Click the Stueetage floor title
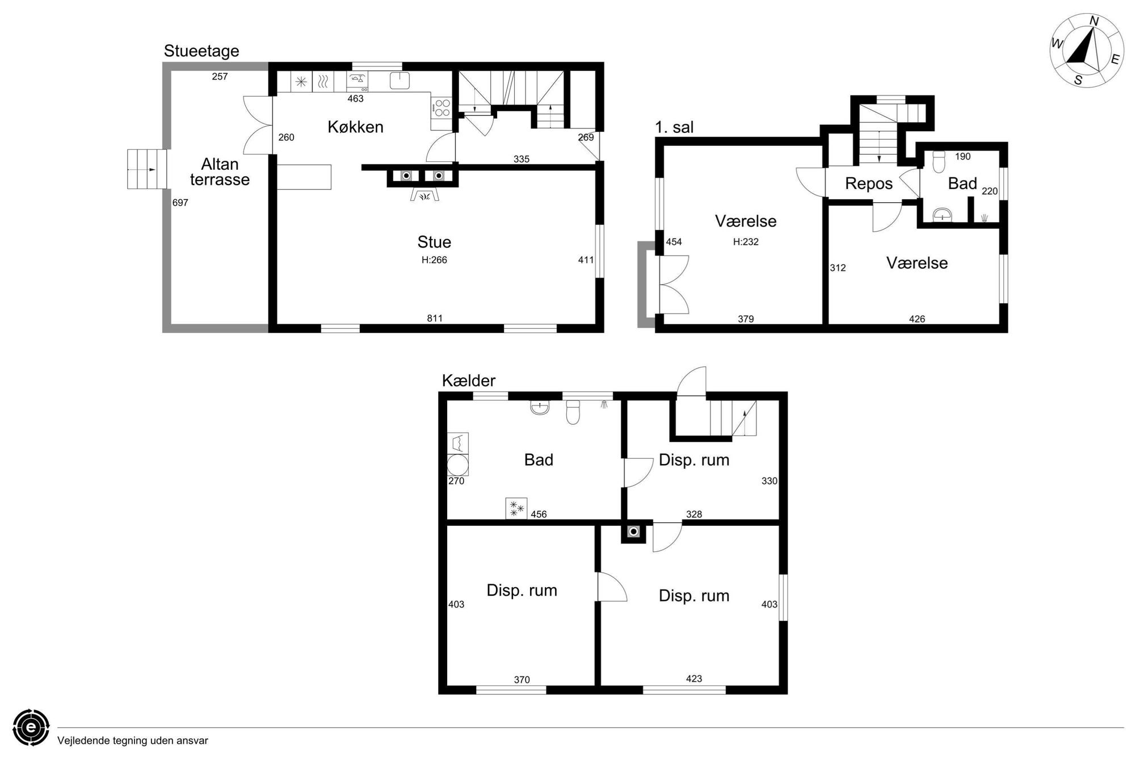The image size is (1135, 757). [x=201, y=51]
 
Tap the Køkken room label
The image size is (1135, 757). [x=355, y=127]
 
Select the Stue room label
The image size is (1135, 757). [x=434, y=242]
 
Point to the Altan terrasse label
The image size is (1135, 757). [x=220, y=172]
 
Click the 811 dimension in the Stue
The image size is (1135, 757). [x=435, y=318]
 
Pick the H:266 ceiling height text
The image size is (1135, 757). [x=434, y=260]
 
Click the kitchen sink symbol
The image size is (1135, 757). [x=400, y=80]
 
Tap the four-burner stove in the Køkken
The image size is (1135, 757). [x=442, y=108]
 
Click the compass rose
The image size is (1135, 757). [x=1086, y=51]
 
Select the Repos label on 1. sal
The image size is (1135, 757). [x=869, y=183]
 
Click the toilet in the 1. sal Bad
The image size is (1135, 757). [x=939, y=161]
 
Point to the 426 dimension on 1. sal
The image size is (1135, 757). [x=917, y=319]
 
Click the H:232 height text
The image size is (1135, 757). [x=746, y=242]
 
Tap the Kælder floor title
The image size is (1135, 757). [x=469, y=380]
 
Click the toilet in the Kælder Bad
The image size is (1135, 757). [x=573, y=413]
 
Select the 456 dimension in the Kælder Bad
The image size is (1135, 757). [x=539, y=515]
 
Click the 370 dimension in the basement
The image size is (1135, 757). [x=522, y=680]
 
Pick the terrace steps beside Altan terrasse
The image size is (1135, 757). [x=147, y=169]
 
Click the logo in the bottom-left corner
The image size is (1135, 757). [x=31, y=727]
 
